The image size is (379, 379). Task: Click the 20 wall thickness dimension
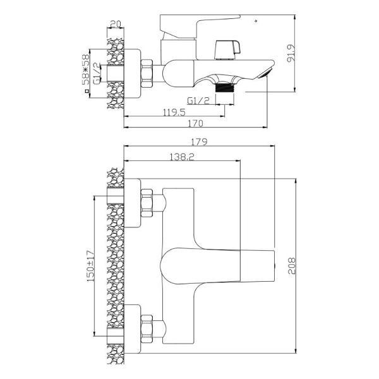[x=116, y=24]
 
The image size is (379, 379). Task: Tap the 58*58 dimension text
[x=85, y=69]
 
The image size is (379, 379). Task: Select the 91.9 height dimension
[x=291, y=54]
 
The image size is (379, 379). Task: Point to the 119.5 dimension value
[x=174, y=112]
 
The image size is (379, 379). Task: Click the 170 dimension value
[x=196, y=123]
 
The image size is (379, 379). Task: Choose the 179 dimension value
[x=200, y=141]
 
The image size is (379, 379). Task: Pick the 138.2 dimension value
[x=182, y=157]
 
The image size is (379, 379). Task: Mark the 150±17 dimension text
[x=90, y=266]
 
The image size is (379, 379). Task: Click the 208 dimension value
[x=291, y=266]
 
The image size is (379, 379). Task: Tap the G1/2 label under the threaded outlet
[x=198, y=100]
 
